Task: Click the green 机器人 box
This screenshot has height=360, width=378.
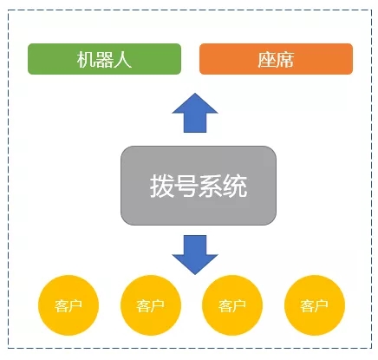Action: (104, 59)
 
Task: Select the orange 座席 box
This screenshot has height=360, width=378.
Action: (276, 59)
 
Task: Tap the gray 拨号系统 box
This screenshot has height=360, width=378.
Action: (199, 186)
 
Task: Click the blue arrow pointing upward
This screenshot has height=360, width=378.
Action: (195, 113)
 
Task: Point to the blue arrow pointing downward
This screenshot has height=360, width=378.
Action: (195, 255)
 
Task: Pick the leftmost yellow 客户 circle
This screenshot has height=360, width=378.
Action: (68, 305)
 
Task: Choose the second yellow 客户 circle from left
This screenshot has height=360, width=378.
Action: (151, 305)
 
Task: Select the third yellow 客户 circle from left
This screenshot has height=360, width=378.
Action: (232, 305)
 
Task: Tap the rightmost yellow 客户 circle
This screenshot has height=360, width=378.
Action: (315, 305)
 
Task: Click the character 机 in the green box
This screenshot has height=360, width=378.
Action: (86, 60)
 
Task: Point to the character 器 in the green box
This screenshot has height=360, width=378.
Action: (104, 60)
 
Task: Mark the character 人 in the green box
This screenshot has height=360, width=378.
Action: (122, 60)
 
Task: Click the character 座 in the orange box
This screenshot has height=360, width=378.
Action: (267, 60)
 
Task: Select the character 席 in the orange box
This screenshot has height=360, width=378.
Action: (285, 60)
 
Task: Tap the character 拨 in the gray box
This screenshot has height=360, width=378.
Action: (161, 186)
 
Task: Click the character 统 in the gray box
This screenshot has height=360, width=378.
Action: (235, 186)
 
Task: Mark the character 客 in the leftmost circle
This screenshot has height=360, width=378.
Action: (62, 305)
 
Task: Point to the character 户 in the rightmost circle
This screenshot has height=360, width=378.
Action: (322, 305)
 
